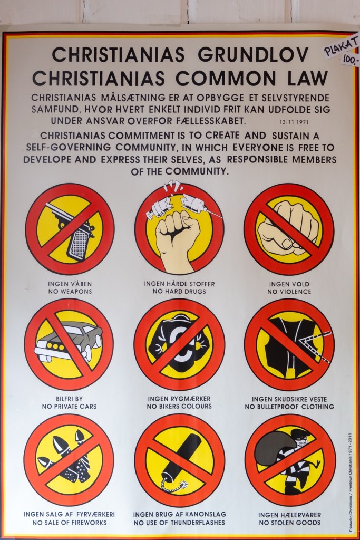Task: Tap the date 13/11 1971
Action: pyautogui.click(x=294, y=122)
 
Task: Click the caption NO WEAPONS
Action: pyautogui.click(x=70, y=291)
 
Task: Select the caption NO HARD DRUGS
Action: pyautogui.click(x=179, y=291)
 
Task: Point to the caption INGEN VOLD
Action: pyautogui.click(x=289, y=284)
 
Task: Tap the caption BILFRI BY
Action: pyautogui.click(x=69, y=399)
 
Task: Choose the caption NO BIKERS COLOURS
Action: pyautogui.click(x=179, y=407)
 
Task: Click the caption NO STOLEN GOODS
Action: pyautogui.click(x=290, y=523)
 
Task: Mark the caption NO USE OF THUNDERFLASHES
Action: pyautogui.click(x=179, y=523)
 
